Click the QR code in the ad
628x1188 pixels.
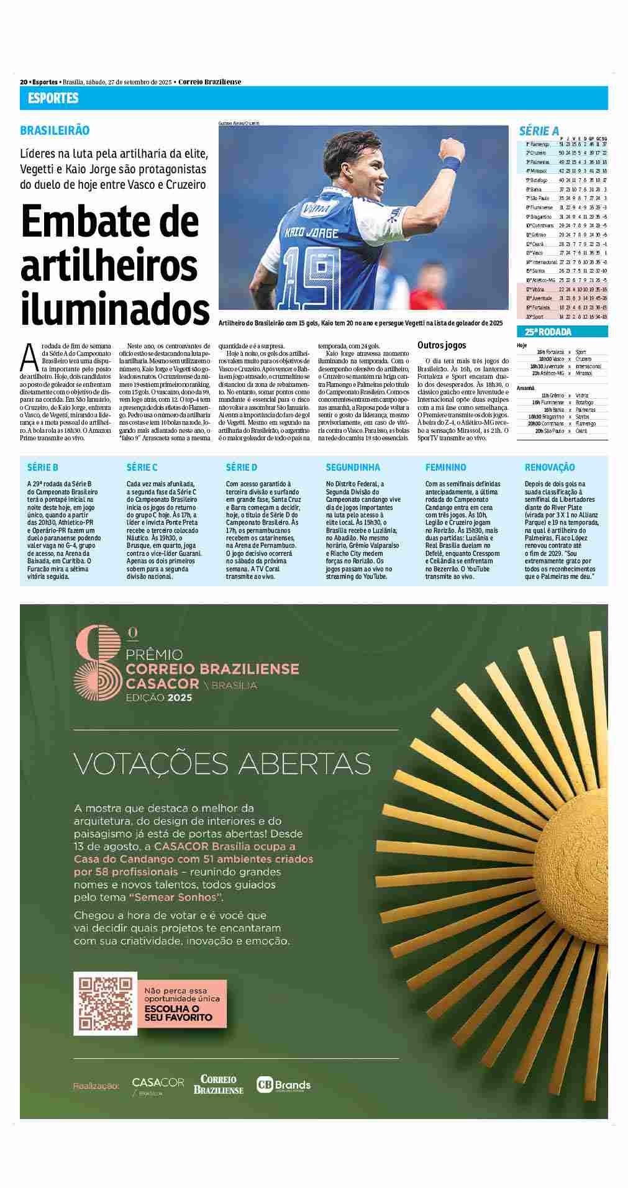click(x=105, y=1004)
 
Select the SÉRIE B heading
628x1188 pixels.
click(x=43, y=467)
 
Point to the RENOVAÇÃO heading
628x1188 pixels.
click(x=550, y=467)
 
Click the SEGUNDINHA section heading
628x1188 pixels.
click(x=353, y=467)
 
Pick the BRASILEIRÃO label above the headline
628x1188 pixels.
click(x=55, y=130)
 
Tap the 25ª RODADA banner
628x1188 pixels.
click(x=548, y=332)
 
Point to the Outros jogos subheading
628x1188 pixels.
click(x=442, y=345)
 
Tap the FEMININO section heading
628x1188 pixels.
click(x=445, y=467)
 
